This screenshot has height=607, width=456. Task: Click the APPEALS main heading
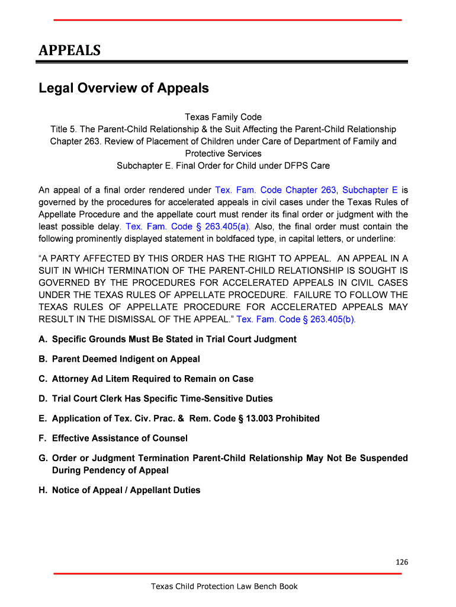(69, 50)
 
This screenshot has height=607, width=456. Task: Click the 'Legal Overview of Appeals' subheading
(124, 88)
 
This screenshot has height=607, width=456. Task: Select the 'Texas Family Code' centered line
(223, 117)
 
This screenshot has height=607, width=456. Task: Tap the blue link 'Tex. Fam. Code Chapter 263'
(275, 190)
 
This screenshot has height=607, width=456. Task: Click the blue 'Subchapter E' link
(370, 190)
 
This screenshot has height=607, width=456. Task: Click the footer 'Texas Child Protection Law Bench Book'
(224, 587)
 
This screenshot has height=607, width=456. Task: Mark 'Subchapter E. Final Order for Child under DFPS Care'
(223, 165)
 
